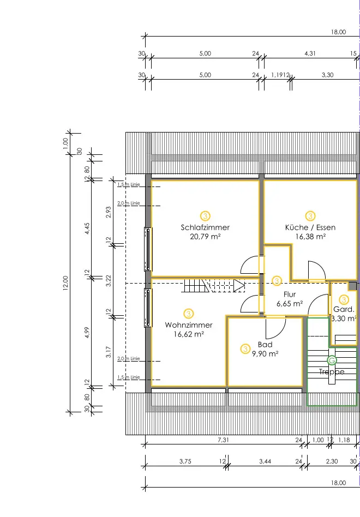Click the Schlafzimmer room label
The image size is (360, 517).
coord(205,227)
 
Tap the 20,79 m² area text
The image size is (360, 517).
coord(205,237)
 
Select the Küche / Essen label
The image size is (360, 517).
coord(310,227)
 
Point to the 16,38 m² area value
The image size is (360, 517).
coord(310,237)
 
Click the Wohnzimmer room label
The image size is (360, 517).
coord(189,325)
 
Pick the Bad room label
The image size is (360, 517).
coord(265,345)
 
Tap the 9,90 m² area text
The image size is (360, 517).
coord(265,353)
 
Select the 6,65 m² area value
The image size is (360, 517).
coord(290,303)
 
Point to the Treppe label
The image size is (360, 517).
coord(332,371)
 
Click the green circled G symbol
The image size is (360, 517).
coord(332,360)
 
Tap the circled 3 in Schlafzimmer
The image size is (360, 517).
coord(205,215)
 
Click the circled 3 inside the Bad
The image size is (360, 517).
coord(245,348)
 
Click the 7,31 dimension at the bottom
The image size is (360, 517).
coord(222,439)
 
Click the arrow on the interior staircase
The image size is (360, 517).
coord(239,284)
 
